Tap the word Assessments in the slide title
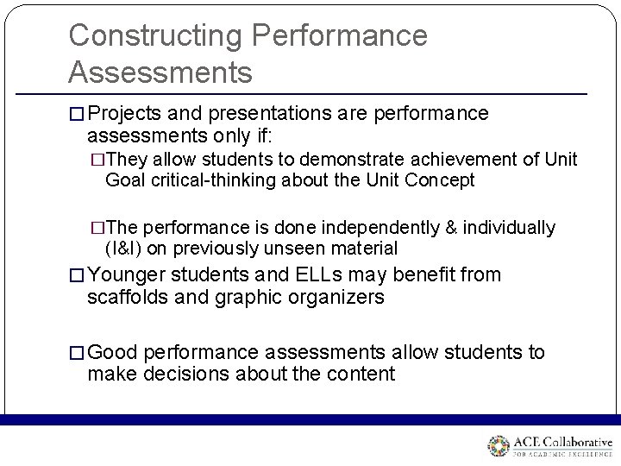[x=160, y=72]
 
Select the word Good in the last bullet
[x=112, y=352]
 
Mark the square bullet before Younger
[x=77, y=276]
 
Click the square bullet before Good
[x=77, y=353]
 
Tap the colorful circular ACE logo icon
[x=499, y=446]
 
